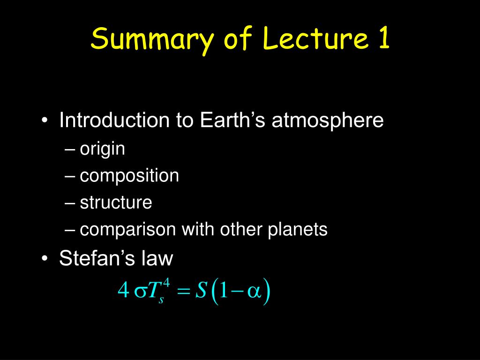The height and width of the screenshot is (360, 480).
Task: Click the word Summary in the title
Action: click(151, 40)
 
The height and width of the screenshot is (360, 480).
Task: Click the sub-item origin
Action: click(102, 150)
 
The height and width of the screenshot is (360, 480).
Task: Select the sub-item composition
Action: click(129, 176)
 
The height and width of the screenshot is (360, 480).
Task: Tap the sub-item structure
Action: click(116, 202)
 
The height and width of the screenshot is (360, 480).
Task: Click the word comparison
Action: click(127, 230)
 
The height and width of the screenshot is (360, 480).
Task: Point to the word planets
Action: click(298, 230)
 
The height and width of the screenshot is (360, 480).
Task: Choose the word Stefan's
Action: click(97, 258)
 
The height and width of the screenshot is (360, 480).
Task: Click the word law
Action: click(157, 258)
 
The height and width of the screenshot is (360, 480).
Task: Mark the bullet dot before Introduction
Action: click(45, 120)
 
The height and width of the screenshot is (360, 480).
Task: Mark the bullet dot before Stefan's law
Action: click(45, 259)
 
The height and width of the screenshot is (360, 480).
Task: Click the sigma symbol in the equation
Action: click(141, 292)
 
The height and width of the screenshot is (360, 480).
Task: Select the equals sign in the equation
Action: click(184, 292)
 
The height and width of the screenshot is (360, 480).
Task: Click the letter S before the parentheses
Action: click(201, 290)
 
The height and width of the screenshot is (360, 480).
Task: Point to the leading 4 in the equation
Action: click(123, 289)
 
